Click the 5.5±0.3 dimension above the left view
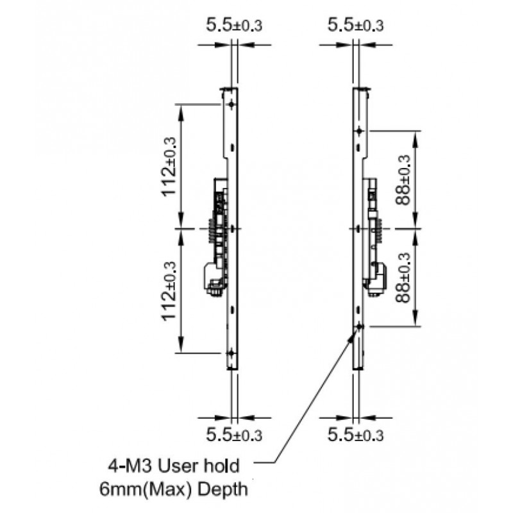click(x=234, y=25)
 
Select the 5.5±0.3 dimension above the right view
click(x=355, y=25)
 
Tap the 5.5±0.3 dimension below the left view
click(x=234, y=434)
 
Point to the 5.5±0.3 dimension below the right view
click(x=355, y=434)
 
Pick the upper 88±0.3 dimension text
click(x=403, y=180)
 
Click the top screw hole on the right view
click(x=359, y=131)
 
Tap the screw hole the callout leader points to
click(x=359, y=326)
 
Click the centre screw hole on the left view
click(x=231, y=228)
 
